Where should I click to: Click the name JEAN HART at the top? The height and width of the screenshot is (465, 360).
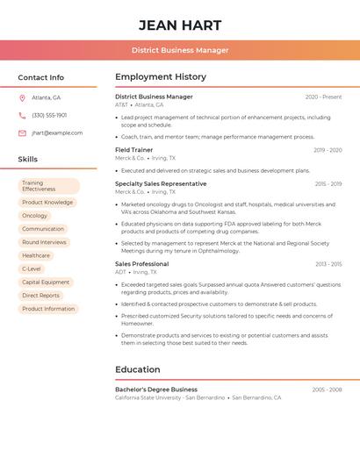click(x=180, y=25)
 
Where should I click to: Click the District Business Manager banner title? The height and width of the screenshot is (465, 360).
click(x=180, y=50)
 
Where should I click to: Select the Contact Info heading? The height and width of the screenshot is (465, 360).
click(x=40, y=77)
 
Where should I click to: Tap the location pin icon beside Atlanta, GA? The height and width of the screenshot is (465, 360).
click(x=22, y=97)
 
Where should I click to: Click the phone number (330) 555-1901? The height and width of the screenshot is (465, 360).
click(x=49, y=115)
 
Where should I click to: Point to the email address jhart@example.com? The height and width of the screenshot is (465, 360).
click(x=57, y=132)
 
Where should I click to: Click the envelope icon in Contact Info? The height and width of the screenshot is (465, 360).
click(x=22, y=132)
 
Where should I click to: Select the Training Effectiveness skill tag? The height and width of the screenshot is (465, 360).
click(x=48, y=186)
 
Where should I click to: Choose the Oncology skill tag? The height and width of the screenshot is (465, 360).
click(x=35, y=216)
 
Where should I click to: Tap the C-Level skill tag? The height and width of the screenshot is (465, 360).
click(x=32, y=268)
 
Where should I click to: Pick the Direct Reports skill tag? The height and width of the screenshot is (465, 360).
click(x=41, y=295)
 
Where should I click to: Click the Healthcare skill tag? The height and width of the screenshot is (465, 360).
click(x=36, y=255)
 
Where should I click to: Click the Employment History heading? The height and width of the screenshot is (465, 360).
click(x=161, y=77)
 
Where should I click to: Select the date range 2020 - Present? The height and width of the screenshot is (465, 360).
click(x=323, y=97)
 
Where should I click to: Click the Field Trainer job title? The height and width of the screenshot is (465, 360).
click(x=133, y=150)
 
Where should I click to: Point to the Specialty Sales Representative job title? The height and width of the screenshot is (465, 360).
click(x=161, y=183)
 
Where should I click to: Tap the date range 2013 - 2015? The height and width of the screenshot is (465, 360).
click(x=328, y=264)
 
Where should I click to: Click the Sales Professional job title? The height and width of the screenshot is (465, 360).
click(x=141, y=263)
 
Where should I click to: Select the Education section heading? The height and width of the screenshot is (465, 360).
click(x=138, y=369)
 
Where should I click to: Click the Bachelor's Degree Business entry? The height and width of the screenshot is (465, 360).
click(x=156, y=389)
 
